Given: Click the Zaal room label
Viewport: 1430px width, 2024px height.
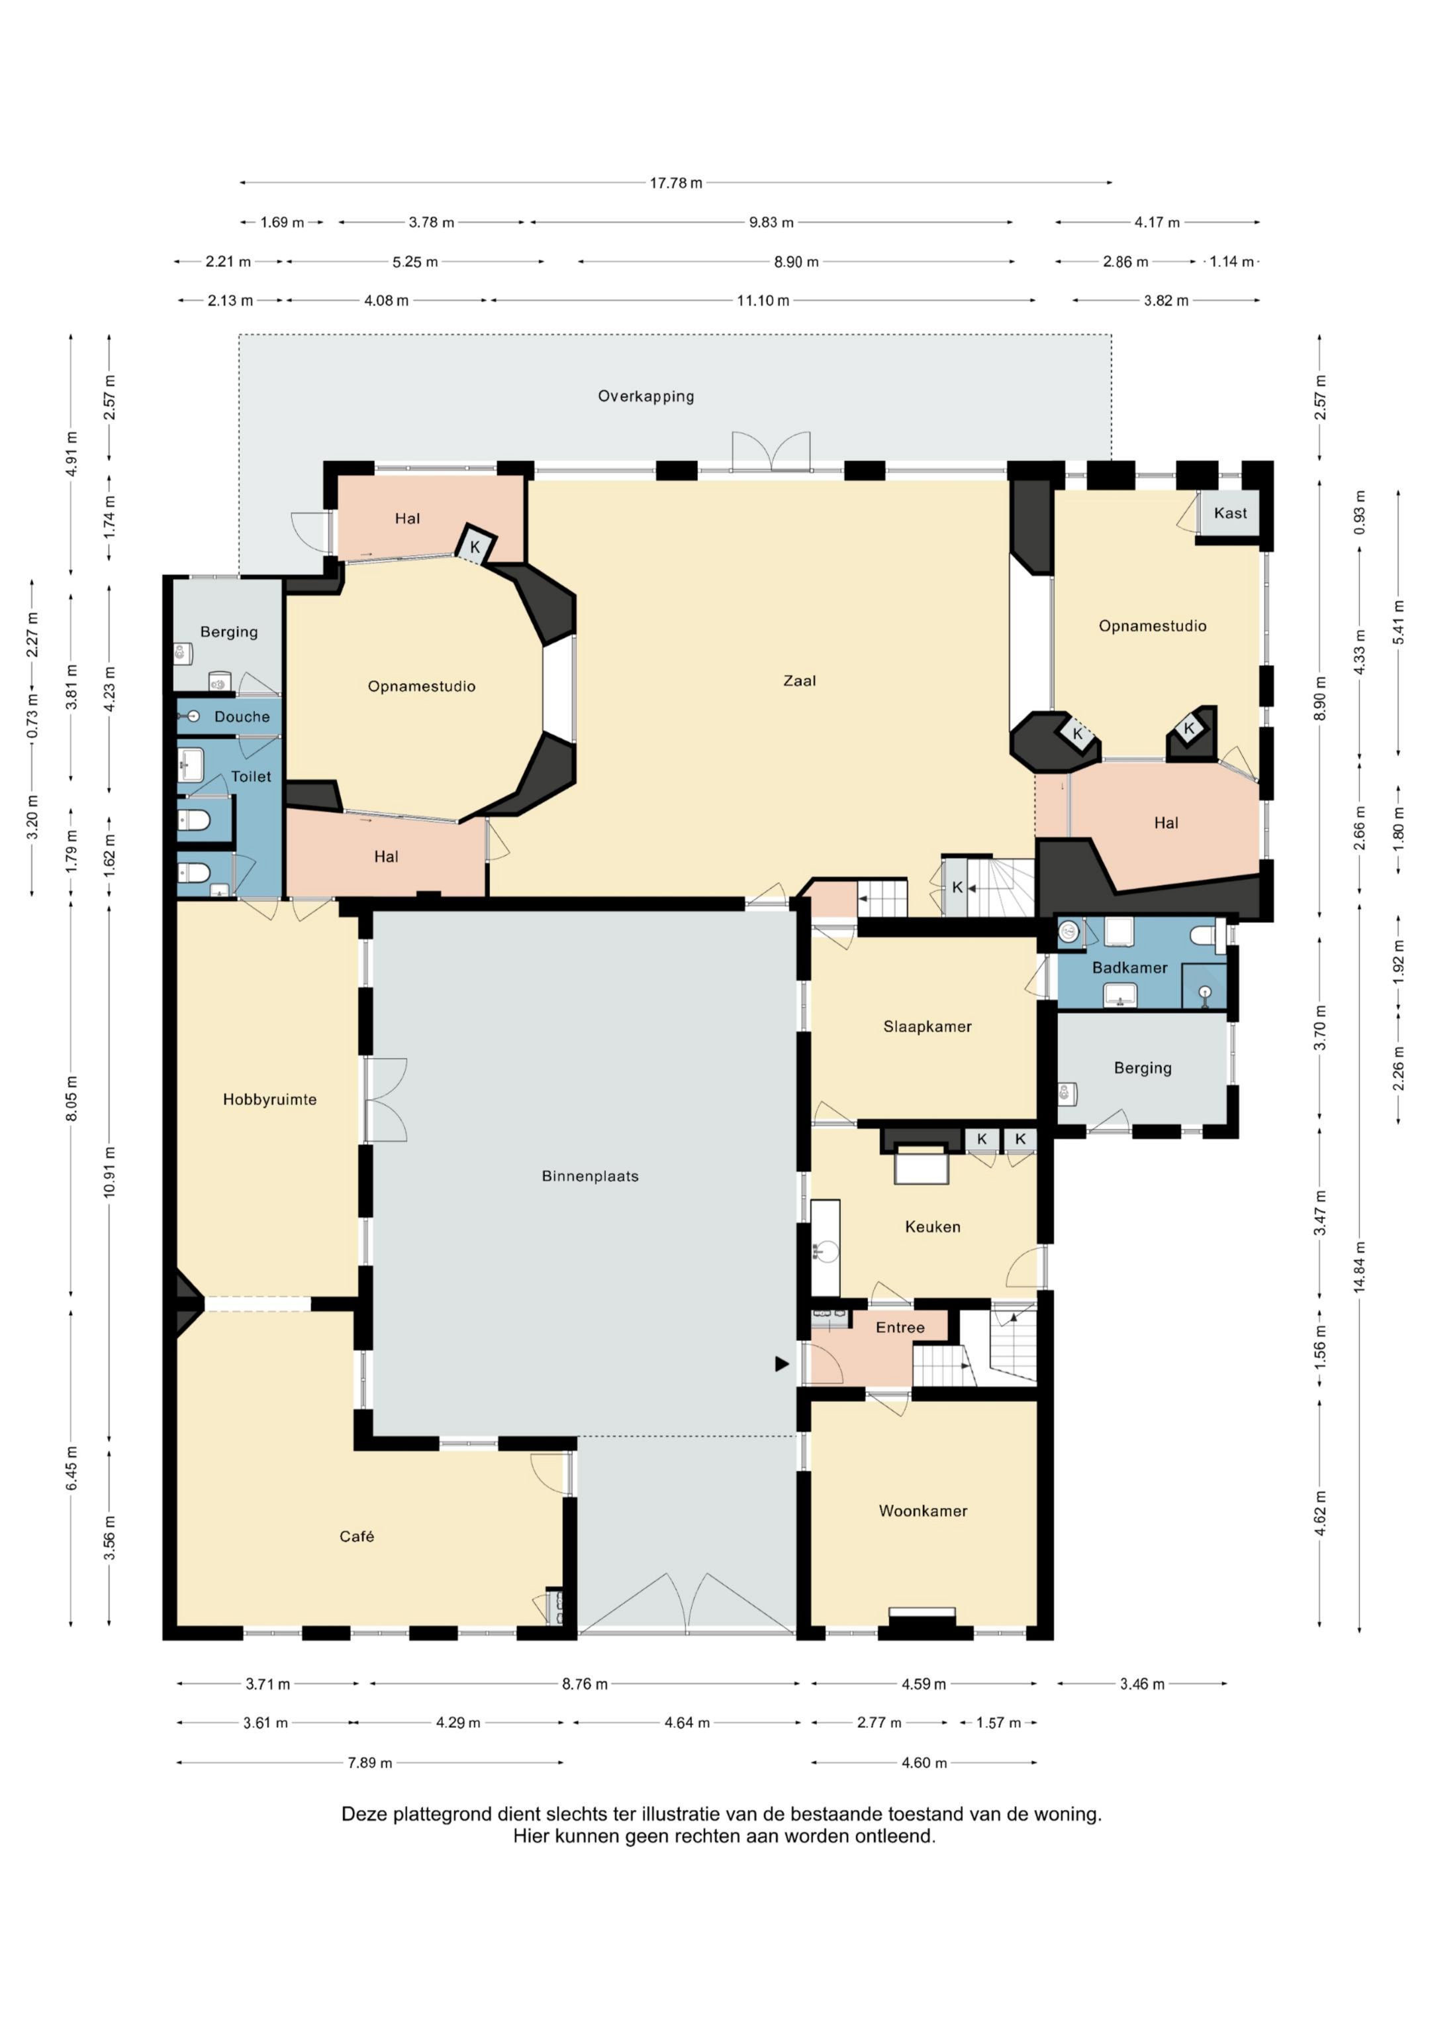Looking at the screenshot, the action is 799,680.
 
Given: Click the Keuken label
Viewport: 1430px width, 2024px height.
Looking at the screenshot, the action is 932,1226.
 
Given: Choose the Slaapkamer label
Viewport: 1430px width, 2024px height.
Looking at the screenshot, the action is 927,1026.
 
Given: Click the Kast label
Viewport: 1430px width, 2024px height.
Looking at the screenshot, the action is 1230,513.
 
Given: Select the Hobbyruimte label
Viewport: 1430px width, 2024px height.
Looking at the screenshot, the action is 269,1099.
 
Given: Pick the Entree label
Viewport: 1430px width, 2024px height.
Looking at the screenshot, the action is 900,1327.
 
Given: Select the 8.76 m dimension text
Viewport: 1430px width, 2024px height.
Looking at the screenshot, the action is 585,1683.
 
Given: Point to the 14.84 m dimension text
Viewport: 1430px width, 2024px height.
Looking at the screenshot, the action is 1360,1267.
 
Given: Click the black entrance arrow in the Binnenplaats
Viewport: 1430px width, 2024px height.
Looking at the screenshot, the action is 781,1363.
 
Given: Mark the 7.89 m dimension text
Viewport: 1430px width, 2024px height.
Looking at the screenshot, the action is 369,1762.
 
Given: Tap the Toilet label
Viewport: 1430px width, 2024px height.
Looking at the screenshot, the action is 251,776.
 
